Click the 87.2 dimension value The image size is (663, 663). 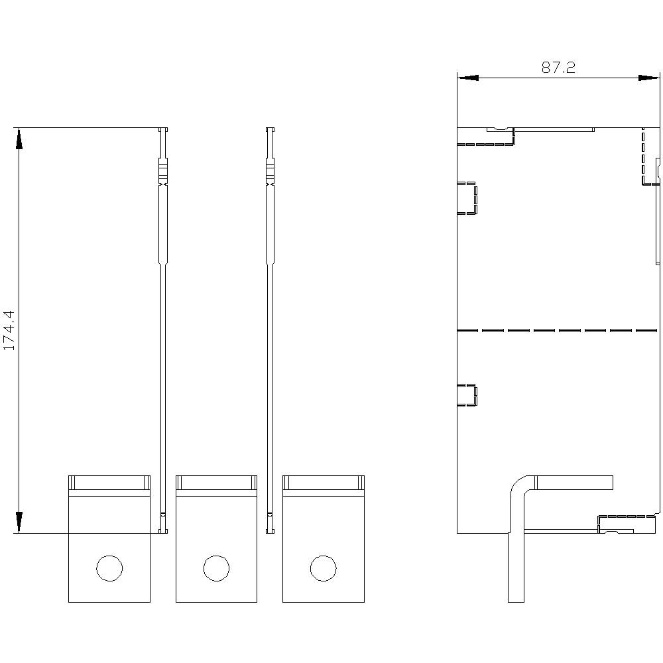(558, 68)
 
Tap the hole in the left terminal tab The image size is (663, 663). (109, 568)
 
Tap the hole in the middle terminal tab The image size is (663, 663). (216, 568)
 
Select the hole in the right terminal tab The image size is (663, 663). (323, 568)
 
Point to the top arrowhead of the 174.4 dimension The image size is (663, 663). (19, 139)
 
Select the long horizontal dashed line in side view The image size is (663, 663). (557, 330)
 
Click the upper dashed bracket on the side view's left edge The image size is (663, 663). (468, 198)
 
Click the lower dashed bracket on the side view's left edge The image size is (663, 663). (468, 394)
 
